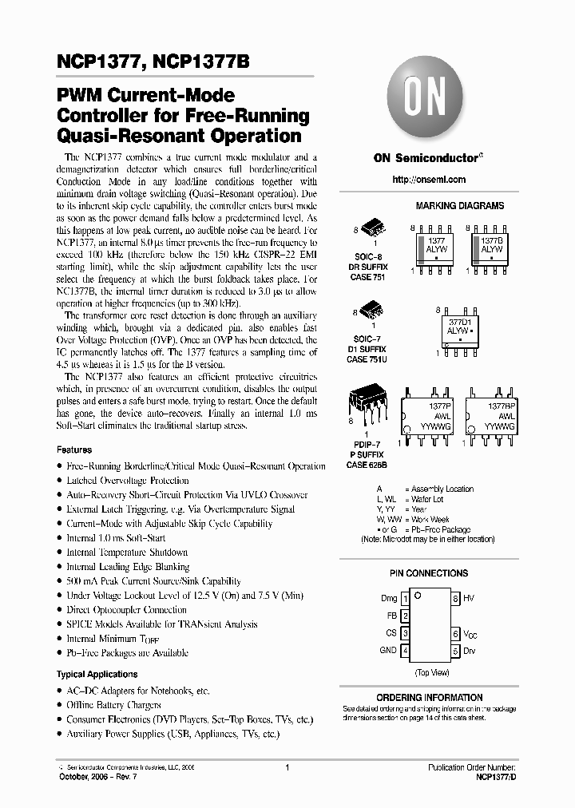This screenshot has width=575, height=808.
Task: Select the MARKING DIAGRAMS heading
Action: pyautogui.click(x=460, y=206)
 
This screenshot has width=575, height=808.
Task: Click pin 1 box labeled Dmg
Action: pyautogui.click(x=405, y=598)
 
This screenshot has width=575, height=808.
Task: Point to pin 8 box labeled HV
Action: pyautogui.click(x=456, y=598)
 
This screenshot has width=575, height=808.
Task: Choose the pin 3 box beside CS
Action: pyautogui.click(x=405, y=633)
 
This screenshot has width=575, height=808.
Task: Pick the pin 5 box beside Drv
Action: pyautogui.click(x=456, y=651)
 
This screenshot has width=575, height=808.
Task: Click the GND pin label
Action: pyautogui.click(x=388, y=651)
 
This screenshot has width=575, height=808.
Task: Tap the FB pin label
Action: pyautogui.click(x=392, y=616)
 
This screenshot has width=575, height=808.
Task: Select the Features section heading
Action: pyautogui.click(x=74, y=450)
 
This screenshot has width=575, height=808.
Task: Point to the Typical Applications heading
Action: pyautogui.click(x=97, y=675)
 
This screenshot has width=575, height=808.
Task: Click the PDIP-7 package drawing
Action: pyautogui.click(x=368, y=407)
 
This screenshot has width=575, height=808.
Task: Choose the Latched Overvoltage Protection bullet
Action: pyautogui.click(x=128, y=481)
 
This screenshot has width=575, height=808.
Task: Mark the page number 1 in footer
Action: pyautogui.click(x=286, y=766)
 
